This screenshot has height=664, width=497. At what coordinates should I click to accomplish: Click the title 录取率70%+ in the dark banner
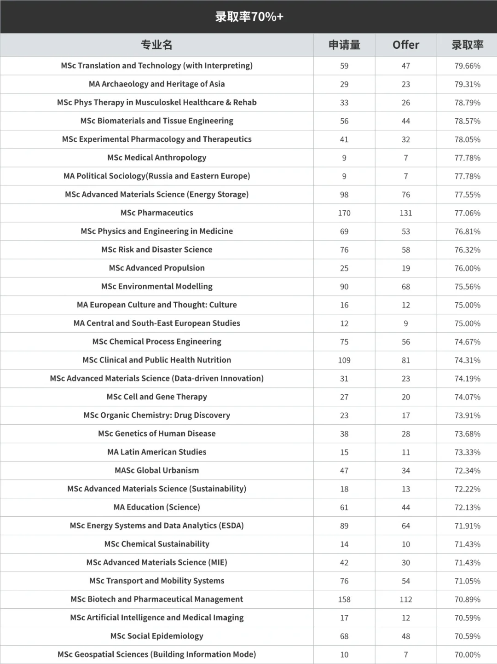(249, 17)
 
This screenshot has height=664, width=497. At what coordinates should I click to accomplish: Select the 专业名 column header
(156, 45)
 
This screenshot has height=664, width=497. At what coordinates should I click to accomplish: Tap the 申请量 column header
(344, 45)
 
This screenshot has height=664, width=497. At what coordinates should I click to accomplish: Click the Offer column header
(405, 45)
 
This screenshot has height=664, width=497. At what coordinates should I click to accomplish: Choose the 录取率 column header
(467, 45)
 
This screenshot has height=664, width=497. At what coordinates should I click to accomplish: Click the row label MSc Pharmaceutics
(156, 213)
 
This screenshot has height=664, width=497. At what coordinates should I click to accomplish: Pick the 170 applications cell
(344, 213)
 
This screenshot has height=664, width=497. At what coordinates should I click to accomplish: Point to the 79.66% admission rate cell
(467, 66)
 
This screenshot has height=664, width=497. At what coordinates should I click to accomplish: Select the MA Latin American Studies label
(156, 452)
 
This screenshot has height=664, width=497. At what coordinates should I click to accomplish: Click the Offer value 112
(405, 600)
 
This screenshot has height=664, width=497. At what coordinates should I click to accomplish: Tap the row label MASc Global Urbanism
(156, 470)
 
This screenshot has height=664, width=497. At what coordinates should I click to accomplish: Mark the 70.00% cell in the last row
(467, 655)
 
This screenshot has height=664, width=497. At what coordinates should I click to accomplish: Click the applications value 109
(344, 360)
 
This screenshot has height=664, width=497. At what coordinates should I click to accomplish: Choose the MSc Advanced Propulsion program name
(156, 268)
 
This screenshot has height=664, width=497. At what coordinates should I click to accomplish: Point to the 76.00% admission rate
(467, 268)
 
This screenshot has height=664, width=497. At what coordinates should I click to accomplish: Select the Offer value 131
(405, 213)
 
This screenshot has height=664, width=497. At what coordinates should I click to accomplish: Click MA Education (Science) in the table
(156, 507)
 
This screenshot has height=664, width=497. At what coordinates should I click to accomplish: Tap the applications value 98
(344, 195)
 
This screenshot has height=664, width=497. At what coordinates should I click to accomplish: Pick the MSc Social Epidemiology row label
(156, 636)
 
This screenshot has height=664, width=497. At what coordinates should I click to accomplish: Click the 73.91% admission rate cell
(467, 416)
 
